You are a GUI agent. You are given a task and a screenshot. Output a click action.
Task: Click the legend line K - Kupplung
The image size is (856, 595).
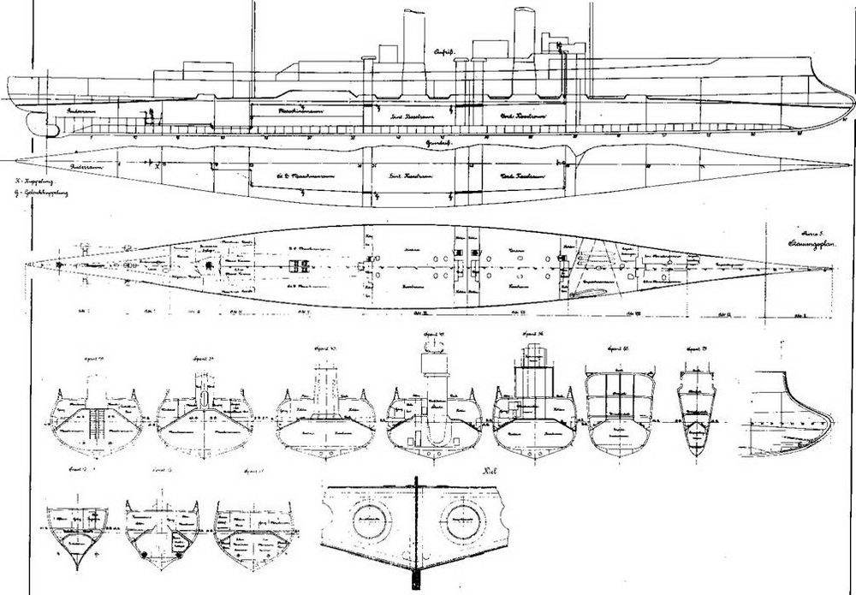(x=24, y=181)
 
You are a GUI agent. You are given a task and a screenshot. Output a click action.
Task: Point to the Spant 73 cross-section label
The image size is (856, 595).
(x=695, y=352)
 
